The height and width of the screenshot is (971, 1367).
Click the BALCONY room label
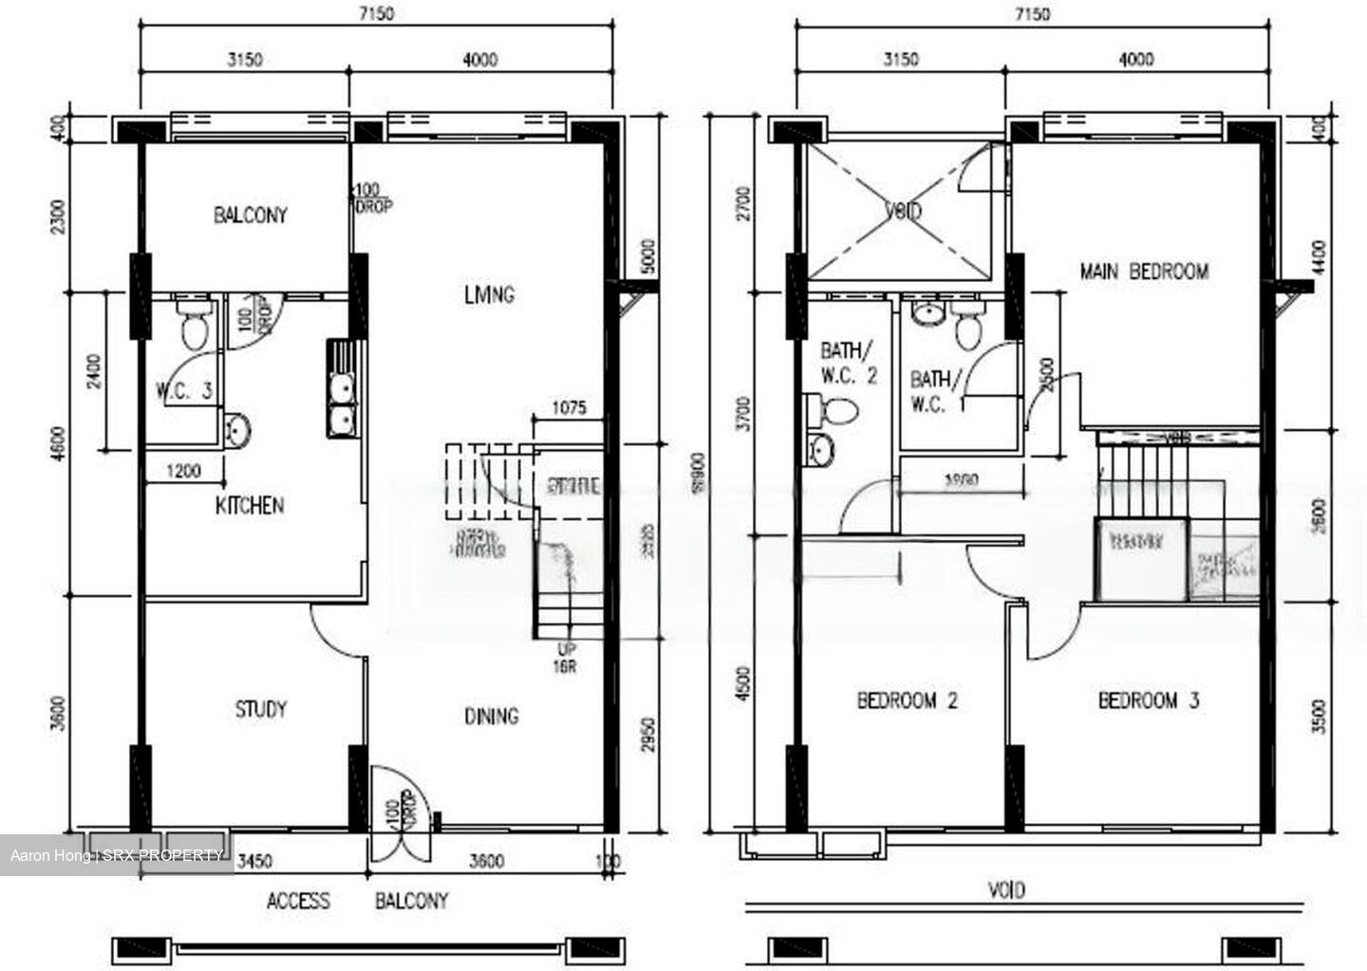250,215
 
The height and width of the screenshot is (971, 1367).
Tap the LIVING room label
489,294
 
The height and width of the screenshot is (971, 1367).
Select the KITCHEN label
249,505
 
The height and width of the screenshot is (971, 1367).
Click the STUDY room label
260,709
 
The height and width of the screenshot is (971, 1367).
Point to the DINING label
491,716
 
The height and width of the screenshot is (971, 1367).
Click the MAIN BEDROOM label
1144,271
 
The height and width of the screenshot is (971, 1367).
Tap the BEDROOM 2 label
907,701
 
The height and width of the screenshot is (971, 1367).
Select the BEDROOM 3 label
1148,701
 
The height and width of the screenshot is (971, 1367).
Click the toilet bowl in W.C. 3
195,327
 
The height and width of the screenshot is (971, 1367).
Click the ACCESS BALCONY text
357,901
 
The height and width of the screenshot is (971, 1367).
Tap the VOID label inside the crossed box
902,211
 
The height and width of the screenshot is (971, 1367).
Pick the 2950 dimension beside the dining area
647,734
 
